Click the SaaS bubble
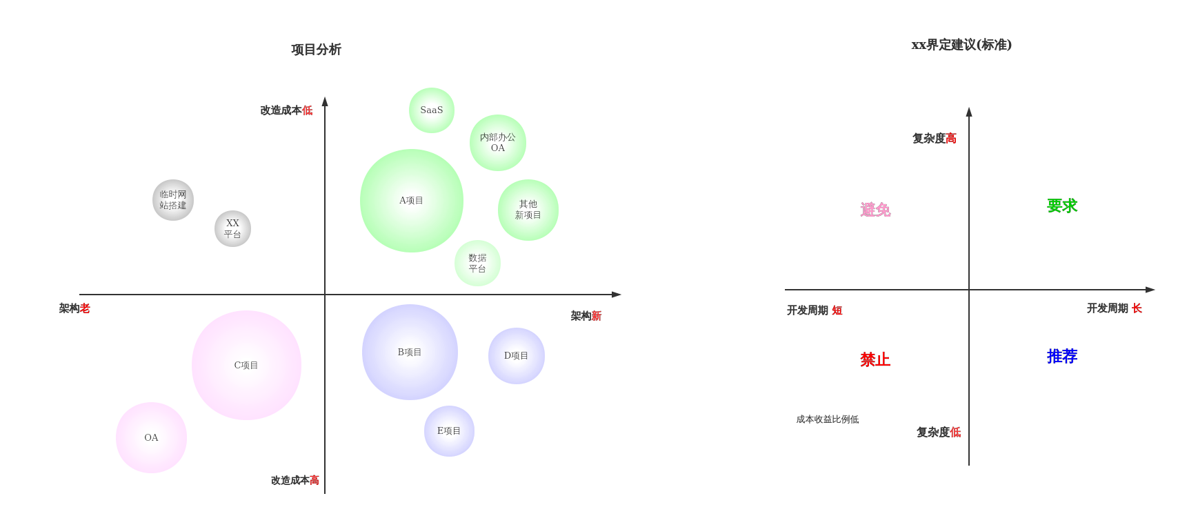432,110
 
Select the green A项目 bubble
412,201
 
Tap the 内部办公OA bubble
498,143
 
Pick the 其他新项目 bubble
528,210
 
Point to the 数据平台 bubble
477,263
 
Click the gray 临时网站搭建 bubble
173,200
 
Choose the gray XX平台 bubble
232,228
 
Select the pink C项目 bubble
246,365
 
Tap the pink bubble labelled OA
151,437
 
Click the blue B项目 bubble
410,352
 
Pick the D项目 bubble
516,356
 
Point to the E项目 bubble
449,431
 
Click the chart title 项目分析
316,50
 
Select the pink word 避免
875,210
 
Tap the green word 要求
1062,206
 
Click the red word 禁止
875,359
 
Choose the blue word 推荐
1062,356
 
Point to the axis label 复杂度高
934,139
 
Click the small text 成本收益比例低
827,419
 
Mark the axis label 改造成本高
294,480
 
